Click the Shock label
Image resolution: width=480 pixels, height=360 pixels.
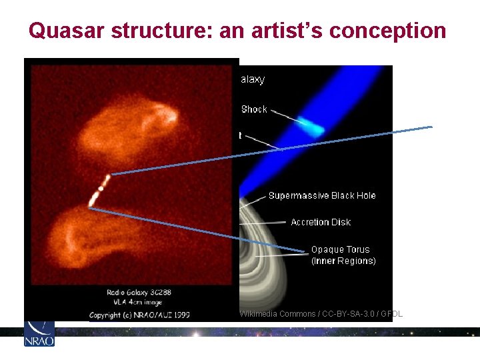point(254,109)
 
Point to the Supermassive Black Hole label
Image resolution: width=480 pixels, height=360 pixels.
point(322,195)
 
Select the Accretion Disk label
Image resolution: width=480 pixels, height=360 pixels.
point(321,222)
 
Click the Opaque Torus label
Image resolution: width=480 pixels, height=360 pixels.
point(340,249)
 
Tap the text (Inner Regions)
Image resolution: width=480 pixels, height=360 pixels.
point(343,261)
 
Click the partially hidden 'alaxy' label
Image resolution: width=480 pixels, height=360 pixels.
point(253,79)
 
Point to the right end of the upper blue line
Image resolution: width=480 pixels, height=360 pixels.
point(431,127)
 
